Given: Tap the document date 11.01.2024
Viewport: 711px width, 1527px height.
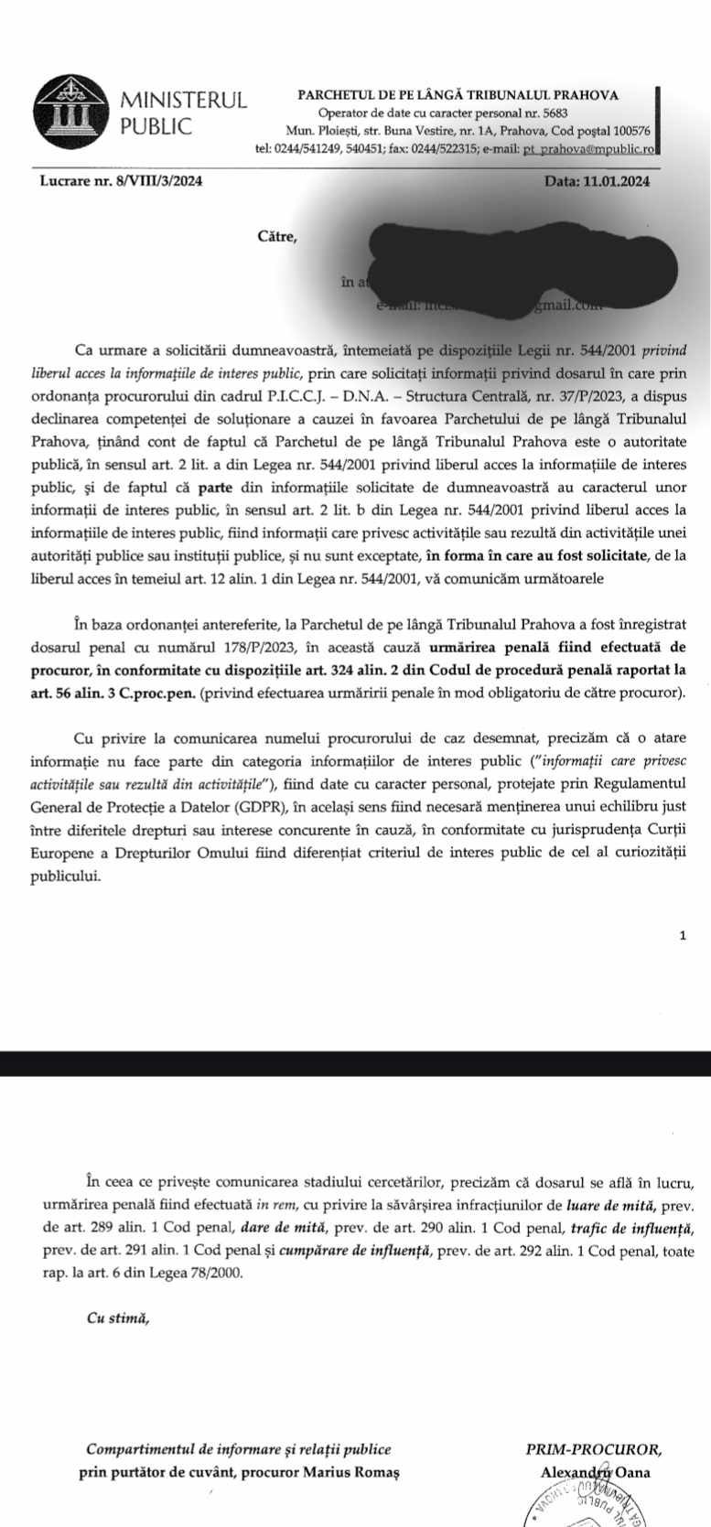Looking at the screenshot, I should (615, 181).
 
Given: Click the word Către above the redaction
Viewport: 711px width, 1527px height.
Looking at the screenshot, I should (277, 237).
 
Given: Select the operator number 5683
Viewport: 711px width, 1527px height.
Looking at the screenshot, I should (548, 113).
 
